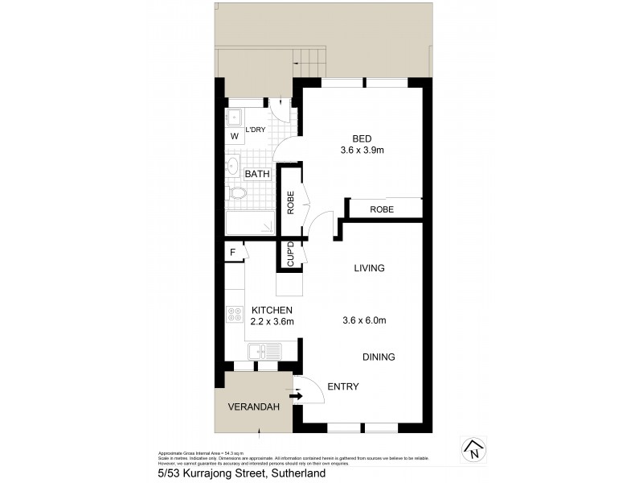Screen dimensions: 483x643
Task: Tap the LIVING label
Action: click(370, 268)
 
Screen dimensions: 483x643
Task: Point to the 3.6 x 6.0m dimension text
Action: click(365, 320)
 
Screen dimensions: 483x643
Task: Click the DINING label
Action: click(379, 357)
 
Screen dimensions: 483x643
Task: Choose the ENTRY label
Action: click(343, 387)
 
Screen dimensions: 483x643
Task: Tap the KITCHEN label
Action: click(272, 310)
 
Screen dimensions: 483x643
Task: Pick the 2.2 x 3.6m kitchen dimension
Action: click(272, 322)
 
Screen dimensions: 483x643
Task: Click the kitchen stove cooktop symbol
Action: click(235, 315)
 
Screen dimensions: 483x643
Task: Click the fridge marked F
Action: click(233, 252)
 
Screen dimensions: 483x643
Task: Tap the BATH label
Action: click(257, 174)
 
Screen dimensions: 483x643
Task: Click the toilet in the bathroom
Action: click(237, 194)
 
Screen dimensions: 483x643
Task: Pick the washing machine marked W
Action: click(235, 137)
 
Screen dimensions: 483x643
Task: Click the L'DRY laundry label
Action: click(256, 130)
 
